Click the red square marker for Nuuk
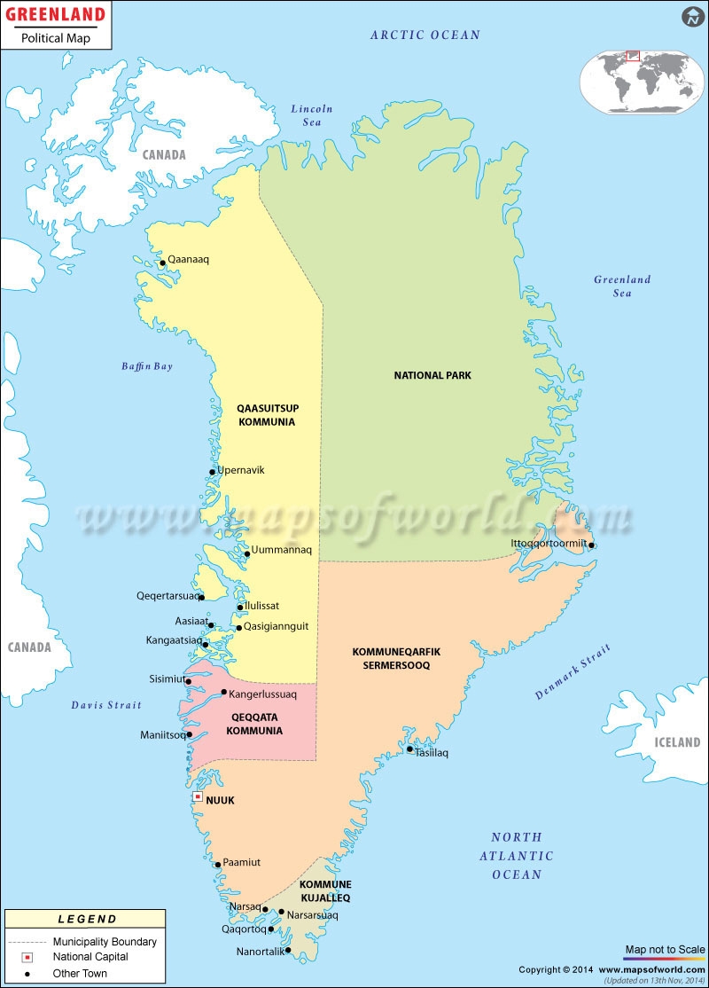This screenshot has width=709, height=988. [197, 798]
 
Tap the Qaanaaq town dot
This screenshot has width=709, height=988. [161, 263]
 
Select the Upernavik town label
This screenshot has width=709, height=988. [242, 470]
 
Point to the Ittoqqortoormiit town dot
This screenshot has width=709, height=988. [591, 545]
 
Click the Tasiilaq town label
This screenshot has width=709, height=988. [432, 753]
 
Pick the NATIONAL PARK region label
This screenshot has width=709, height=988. [432, 375]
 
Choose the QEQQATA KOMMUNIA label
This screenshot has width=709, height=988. [254, 724]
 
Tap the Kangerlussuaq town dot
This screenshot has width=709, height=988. [223, 693]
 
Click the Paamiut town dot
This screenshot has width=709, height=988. [218, 865]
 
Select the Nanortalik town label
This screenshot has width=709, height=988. [261, 952]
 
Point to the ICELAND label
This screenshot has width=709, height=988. [677, 742]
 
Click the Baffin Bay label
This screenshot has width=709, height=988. [147, 366]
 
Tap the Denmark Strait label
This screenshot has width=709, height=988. [573, 671]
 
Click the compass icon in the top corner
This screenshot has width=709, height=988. [692, 17]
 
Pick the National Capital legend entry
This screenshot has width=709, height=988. [90, 957]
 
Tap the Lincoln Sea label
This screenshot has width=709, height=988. [312, 115]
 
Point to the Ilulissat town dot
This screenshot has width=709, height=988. [239, 608]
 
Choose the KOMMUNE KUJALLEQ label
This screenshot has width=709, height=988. [325, 890]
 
